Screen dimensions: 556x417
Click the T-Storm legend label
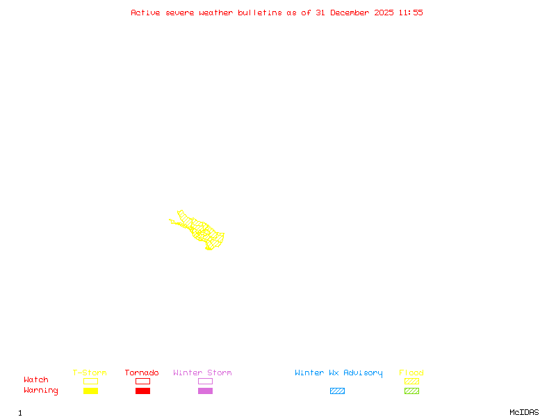click(90, 373)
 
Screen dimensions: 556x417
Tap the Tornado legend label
click(142, 373)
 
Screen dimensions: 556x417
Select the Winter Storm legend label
click(202, 373)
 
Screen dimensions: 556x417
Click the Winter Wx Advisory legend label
click(338, 373)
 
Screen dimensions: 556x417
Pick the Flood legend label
click(411, 373)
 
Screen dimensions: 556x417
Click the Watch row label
click(36, 380)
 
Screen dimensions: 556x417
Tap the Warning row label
click(41, 391)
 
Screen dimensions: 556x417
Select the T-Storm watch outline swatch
click(90, 381)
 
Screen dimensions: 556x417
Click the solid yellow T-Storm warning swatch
click(90, 391)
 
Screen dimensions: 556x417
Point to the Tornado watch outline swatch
click(142, 381)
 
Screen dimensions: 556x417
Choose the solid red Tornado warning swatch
click(142, 391)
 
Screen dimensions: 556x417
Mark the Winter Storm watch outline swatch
click(205, 381)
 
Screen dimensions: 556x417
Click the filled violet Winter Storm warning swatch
click(205, 391)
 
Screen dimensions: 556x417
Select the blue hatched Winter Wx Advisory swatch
click(337, 391)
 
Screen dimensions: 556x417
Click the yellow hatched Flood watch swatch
click(411, 381)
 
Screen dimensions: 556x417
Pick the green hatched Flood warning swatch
click(411, 391)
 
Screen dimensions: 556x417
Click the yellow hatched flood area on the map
click(202, 230)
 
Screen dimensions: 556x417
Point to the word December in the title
click(354, 13)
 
